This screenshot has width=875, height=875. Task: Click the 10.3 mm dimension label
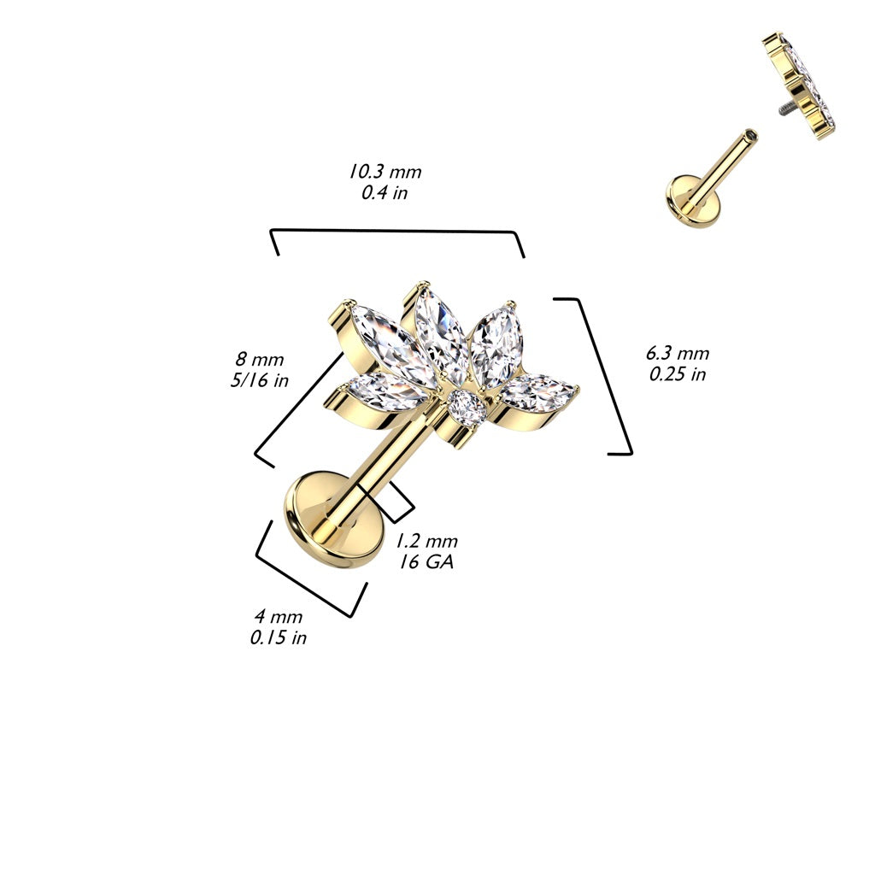(x=385, y=171)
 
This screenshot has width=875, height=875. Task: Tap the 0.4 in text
(x=385, y=192)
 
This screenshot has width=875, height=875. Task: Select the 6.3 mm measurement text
(x=678, y=354)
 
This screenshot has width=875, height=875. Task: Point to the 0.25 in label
(x=678, y=374)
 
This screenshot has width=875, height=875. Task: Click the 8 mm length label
(x=261, y=360)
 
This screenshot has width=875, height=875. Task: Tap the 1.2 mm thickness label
(x=426, y=541)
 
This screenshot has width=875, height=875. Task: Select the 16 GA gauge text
(x=426, y=562)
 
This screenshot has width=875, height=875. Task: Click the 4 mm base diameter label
(x=278, y=616)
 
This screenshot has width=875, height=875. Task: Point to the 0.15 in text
(x=278, y=637)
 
